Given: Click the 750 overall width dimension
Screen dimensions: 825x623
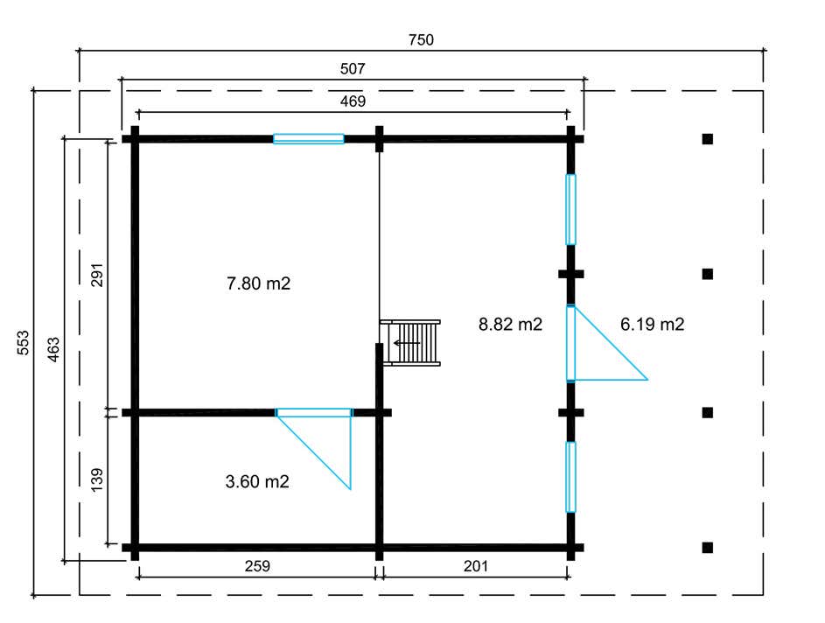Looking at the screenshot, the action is click(421, 40).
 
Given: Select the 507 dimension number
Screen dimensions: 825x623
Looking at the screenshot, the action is click(353, 69).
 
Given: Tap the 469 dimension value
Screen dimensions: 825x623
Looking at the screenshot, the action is click(353, 101).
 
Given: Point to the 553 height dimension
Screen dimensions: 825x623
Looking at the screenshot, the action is click(24, 342).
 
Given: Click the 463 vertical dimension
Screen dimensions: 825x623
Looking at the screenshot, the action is click(53, 349).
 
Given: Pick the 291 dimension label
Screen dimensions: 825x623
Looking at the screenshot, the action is click(97, 275).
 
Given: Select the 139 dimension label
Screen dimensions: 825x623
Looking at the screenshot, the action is click(97, 479).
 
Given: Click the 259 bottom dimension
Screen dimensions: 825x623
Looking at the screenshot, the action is click(257, 566).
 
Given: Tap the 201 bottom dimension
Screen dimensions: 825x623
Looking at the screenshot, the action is click(476, 566).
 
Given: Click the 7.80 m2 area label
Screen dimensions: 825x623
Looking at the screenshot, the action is click(258, 283).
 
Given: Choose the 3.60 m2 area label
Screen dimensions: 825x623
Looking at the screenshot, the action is click(257, 481).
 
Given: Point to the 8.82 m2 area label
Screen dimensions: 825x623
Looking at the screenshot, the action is click(510, 324).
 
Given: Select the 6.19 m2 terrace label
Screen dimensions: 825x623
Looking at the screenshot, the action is click(653, 324).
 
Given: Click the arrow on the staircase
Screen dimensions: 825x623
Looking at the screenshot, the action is click(407, 343).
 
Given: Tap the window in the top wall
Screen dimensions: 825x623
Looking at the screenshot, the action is click(308, 139).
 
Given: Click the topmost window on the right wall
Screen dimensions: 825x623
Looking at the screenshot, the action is click(571, 209).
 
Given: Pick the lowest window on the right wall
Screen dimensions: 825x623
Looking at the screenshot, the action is click(571, 477).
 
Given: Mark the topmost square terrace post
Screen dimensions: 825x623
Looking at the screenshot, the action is click(708, 139).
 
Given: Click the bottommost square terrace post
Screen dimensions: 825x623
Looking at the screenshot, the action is click(708, 547).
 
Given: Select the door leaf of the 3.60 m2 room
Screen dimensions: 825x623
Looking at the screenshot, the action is click(313, 412).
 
